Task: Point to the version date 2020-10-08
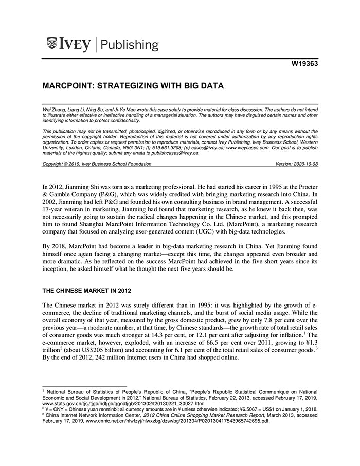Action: click(305, 164)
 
